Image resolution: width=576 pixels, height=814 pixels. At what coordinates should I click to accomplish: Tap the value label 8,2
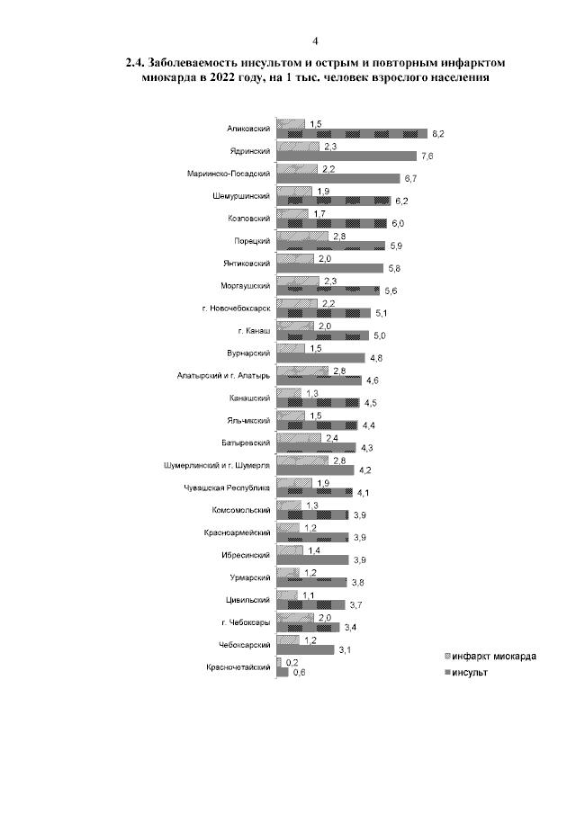coord(438,134)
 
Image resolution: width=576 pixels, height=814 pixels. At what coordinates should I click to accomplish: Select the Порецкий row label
coord(255,240)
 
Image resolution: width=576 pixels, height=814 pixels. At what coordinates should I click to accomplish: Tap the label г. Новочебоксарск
coord(236,308)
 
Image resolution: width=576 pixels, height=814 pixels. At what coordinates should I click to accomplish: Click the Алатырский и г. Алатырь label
coord(224,375)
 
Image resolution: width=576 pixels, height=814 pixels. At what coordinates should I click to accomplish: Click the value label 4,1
coord(364,492)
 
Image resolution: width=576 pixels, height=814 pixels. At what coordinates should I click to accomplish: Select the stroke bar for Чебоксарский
coord(305,649)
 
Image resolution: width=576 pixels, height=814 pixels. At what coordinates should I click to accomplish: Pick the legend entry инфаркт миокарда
coord(494,657)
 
